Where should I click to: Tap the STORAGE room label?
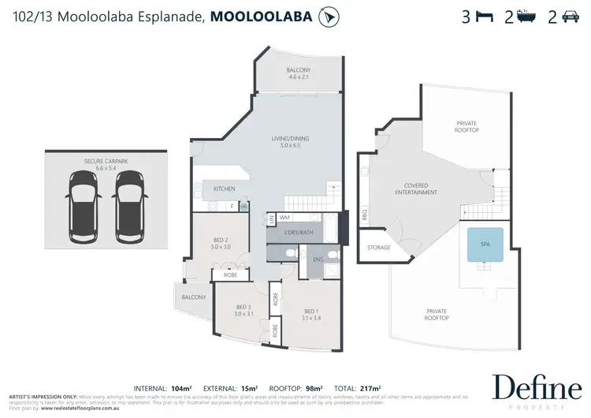tap(378, 248)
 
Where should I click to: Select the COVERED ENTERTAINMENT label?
tap(416, 188)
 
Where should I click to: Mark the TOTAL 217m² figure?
tap(359, 389)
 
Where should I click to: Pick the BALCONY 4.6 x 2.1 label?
tap(298, 73)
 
